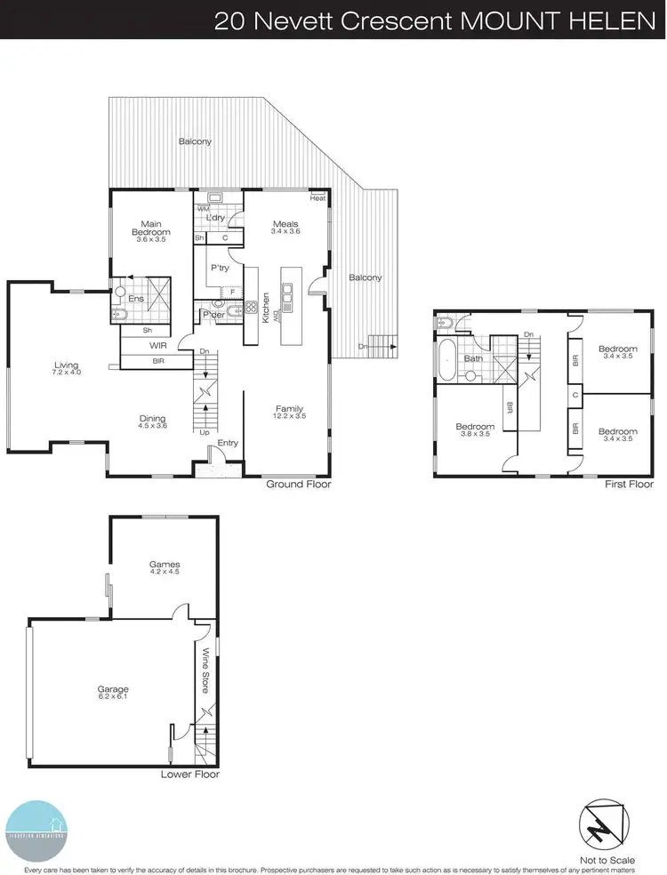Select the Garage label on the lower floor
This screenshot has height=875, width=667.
(114, 688)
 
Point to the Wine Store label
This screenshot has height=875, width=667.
(206, 670)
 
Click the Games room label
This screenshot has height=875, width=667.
(165, 564)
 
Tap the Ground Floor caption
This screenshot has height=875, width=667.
(298, 485)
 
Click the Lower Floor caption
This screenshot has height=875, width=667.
(189, 775)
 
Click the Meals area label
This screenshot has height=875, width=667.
(285, 223)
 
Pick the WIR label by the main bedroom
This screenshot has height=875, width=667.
(159, 344)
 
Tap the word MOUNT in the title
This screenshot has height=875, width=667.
(514, 20)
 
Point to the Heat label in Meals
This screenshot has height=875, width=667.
(317, 197)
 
